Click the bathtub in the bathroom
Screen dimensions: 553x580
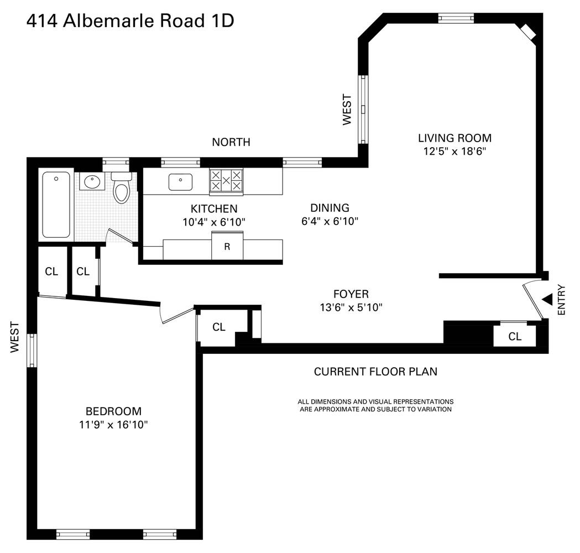point(56,205)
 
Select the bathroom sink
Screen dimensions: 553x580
point(91,181)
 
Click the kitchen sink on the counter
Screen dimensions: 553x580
point(180,182)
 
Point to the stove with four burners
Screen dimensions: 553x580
point(226,181)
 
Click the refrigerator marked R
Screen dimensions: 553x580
point(227,247)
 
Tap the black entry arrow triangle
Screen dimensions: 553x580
point(547,299)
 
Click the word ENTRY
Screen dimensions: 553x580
point(562,300)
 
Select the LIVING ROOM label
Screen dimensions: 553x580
point(454,138)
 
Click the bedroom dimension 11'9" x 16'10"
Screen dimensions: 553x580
point(113,425)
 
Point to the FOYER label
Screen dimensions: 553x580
point(351,294)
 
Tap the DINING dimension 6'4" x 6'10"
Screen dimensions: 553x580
point(330,221)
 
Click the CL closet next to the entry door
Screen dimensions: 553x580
point(515,336)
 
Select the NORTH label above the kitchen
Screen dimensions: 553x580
point(231,142)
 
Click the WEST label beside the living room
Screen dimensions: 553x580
point(347,109)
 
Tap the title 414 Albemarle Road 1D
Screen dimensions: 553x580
point(130,21)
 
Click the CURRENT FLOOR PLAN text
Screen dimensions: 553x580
point(375,372)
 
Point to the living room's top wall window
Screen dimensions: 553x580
point(456,18)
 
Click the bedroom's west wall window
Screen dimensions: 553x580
point(32,351)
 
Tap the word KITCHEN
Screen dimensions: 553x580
point(214,208)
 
